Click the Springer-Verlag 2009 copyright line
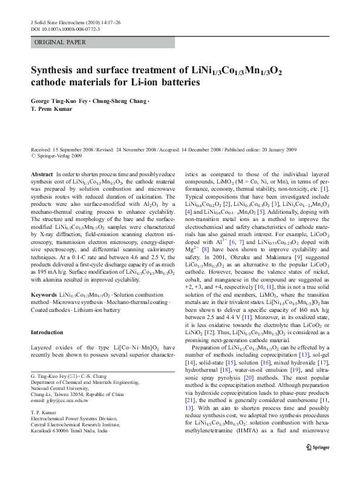[x=58, y=155]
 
